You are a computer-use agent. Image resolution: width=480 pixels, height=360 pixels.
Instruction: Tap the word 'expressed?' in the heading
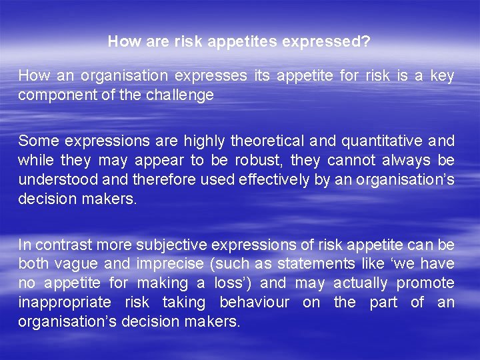(x=326, y=42)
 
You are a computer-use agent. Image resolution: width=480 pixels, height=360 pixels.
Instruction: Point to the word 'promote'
(x=425, y=283)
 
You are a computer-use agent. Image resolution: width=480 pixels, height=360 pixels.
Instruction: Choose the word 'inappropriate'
(x=66, y=303)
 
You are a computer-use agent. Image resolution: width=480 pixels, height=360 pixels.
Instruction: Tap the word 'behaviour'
(x=255, y=303)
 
